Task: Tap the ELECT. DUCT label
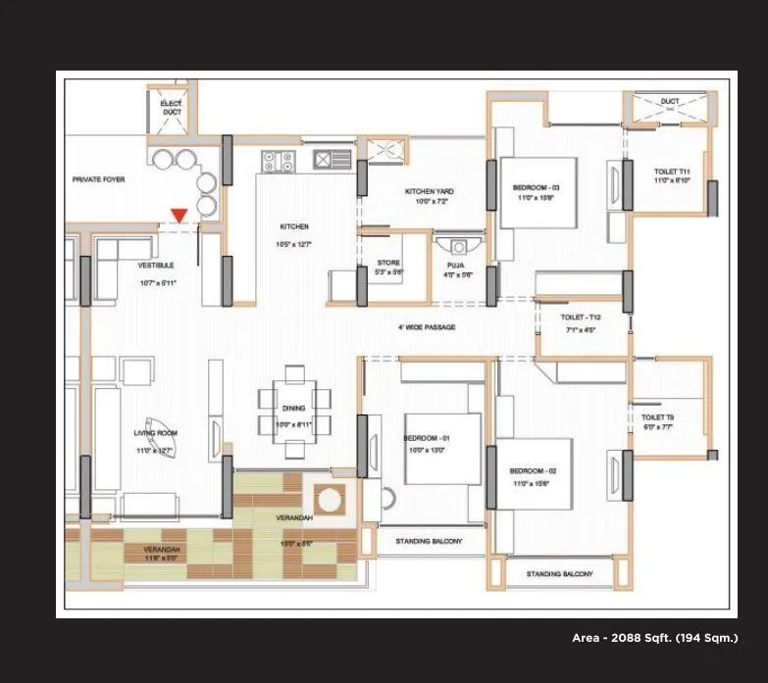172,108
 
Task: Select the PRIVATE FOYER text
98,179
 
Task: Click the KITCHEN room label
294,226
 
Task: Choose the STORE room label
388,264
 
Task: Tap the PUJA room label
453,264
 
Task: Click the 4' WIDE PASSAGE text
427,326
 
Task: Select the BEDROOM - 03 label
536,187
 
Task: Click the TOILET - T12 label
580,318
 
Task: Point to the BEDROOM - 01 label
426,438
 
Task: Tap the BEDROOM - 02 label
533,471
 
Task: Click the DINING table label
293,408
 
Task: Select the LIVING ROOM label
156,432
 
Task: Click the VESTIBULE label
156,266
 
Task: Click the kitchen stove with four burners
279,159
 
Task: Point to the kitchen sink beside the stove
332,158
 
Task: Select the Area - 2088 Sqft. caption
655,638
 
